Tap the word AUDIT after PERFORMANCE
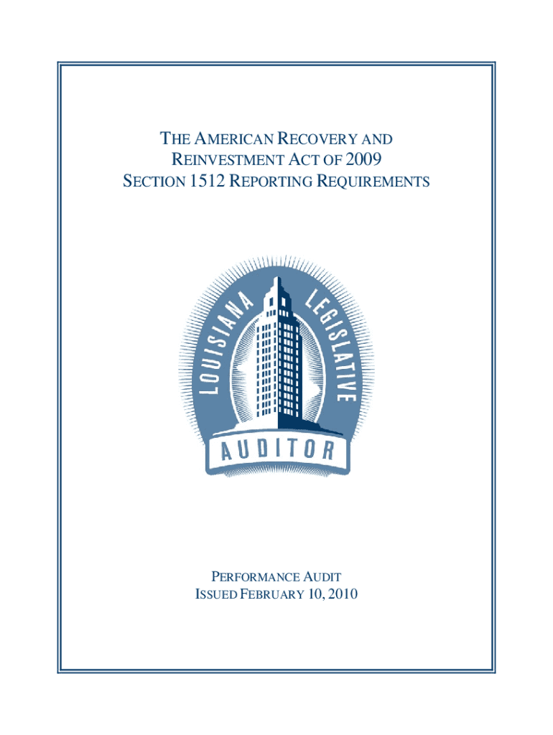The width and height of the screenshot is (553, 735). tap(320, 576)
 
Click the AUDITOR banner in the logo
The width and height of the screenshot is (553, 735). tap(276, 451)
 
